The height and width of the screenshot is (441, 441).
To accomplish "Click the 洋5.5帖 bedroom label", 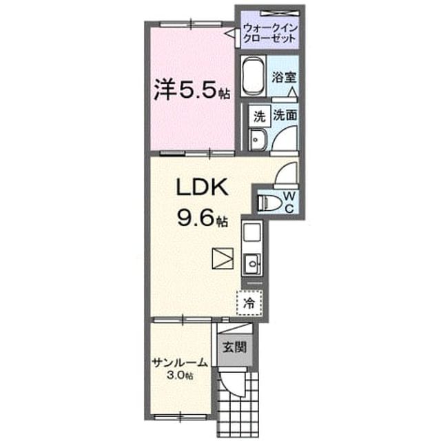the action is click(192, 90).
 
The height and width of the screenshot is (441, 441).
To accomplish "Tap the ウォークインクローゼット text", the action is click(269, 33).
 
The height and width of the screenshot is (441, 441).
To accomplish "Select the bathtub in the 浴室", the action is click(253, 76).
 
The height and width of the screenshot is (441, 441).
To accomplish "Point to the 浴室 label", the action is click(285, 77).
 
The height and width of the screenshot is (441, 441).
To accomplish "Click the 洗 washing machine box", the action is click(259, 116).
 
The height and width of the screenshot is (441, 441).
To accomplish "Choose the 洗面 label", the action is click(285, 115).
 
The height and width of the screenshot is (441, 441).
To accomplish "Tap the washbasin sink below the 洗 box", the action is click(257, 140).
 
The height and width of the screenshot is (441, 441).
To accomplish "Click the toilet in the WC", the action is click(270, 202).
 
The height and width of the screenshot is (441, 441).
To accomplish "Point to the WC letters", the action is click(289, 202).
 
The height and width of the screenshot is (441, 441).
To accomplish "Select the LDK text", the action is click(202, 187).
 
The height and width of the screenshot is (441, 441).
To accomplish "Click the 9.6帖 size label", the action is click(202, 218).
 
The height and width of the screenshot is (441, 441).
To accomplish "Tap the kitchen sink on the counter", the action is click(252, 263).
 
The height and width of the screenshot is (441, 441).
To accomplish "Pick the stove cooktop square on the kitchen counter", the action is click(252, 232).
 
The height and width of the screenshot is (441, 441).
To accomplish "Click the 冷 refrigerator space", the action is click(249, 303).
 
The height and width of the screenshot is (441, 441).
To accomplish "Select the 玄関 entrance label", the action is click(234, 347).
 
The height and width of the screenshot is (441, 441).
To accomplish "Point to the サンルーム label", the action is click(180, 363).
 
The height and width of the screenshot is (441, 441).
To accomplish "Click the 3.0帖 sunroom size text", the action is click(180, 375).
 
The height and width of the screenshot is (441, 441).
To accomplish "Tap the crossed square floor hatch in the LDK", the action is click(223, 258).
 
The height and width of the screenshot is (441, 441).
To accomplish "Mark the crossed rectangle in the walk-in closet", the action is click(278, 12).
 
